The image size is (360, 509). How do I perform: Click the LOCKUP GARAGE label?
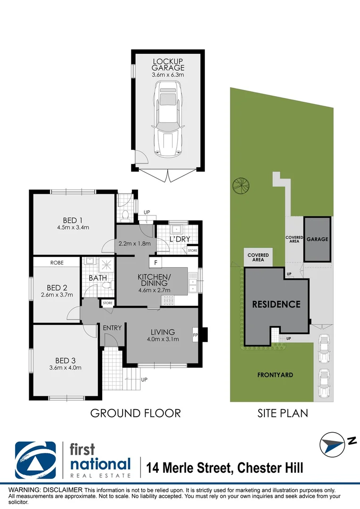tap(168, 65)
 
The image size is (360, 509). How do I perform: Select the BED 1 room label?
tap(73, 220)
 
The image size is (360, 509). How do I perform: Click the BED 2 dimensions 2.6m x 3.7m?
tap(54, 296)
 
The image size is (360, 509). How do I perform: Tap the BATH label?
tap(98, 279)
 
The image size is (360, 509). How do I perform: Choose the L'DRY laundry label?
tap(180, 239)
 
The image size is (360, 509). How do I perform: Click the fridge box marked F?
tap(155, 263)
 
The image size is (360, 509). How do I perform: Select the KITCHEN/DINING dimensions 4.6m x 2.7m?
tap(154, 290)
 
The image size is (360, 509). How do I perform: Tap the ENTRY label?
tap(112, 328)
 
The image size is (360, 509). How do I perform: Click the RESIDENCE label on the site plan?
tap(276, 304)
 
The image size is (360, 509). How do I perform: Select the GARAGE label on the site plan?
tap(317, 239)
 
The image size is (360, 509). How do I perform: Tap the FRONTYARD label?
tap(275, 375)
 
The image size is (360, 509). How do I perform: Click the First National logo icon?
tap(36, 460)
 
